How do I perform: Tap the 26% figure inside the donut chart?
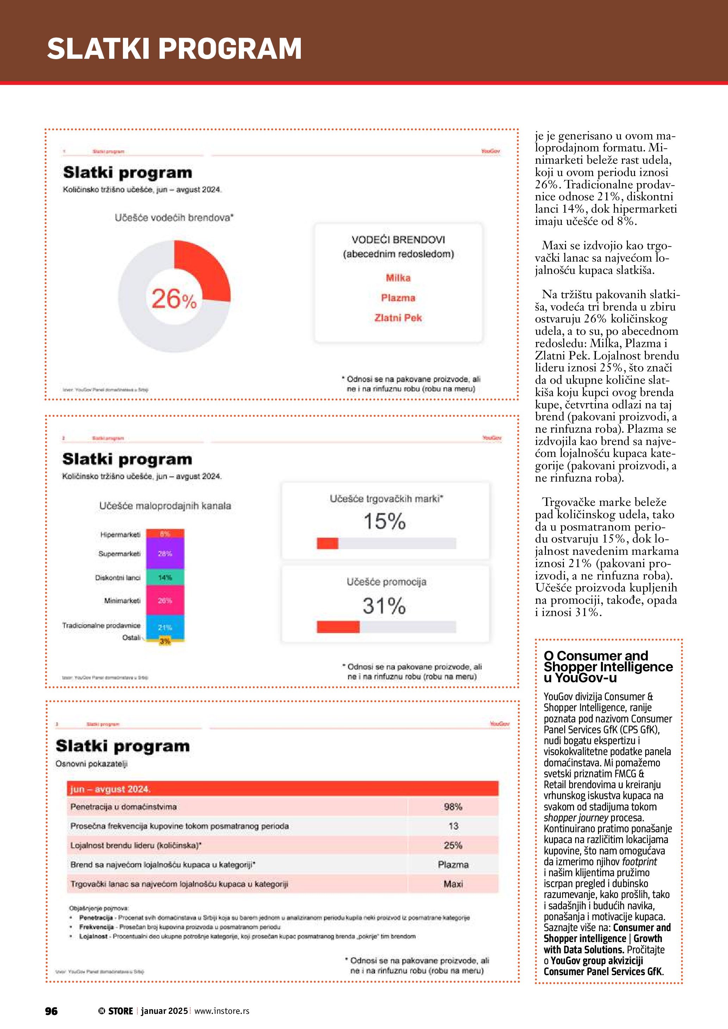coord(174,299)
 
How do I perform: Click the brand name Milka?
coord(398,278)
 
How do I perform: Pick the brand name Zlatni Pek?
coord(398,318)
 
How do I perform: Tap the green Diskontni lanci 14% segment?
coord(165,578)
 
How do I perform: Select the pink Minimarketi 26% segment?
coord(165,601)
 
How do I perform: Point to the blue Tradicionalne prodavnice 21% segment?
coord(165,627)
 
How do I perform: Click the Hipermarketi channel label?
coord(120,535)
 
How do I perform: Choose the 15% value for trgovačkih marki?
coord(384,522)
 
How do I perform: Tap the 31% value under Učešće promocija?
coord(384,606)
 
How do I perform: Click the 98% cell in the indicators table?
coord(453,807)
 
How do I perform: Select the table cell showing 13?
coord(453,826)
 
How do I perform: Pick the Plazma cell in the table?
coord(453,865)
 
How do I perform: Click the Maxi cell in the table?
coord(453,884)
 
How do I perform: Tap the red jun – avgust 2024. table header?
coord(282,789)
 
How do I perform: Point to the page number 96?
coord(51,1011)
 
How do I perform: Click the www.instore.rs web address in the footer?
coord(222,1011)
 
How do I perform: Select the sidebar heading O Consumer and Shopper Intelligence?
coord(608,667)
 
